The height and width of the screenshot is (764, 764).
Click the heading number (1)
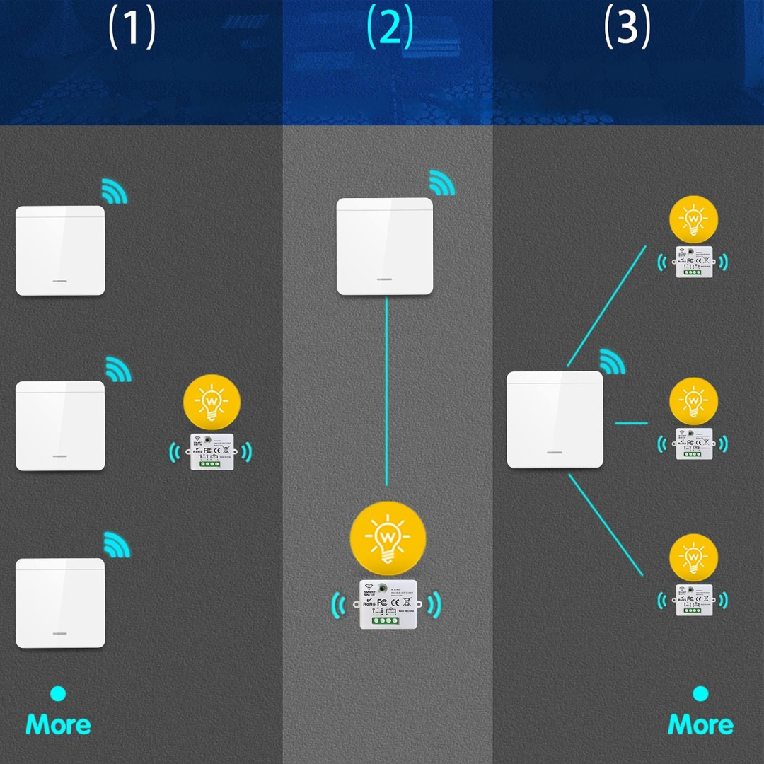tap(132, 28)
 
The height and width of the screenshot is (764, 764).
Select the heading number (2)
tap(389, 28)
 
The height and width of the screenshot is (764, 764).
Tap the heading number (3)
tap(627, 28)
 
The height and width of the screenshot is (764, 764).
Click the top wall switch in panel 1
tap(60, 250)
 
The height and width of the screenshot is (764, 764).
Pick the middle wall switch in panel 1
tap(60, 426)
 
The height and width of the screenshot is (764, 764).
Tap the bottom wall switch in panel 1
tap(60, 603)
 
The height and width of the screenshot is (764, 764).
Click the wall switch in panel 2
tap(384, 246)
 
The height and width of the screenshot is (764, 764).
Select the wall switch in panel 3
tap(555, 419)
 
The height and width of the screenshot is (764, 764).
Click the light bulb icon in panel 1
tap(212, 403)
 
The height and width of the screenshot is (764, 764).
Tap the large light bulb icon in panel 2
tap(388, 538)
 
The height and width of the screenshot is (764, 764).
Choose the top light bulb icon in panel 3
tap(693, 219)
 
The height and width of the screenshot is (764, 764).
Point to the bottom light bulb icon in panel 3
tap(693, 559)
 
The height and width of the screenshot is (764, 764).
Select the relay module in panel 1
tap(212, 451)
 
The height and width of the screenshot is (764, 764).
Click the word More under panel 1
tap(59, 724)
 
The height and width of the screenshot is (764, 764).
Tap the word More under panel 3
tap(700, 724)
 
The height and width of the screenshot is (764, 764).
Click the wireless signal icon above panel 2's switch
tap(441, 184)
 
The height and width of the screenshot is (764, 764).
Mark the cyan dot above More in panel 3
tap(700, 693)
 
